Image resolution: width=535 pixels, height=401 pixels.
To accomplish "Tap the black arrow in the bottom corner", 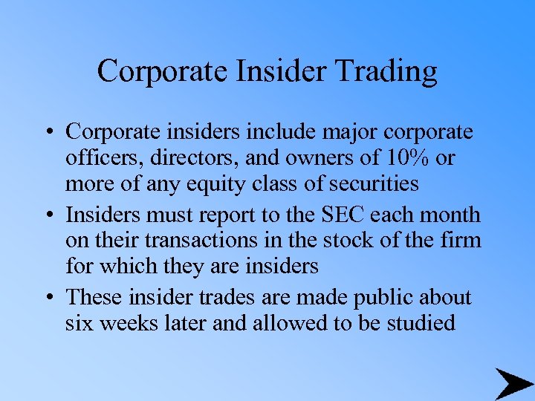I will click(513, 383).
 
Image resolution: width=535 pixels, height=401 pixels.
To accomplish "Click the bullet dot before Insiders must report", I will click(49, 215).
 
